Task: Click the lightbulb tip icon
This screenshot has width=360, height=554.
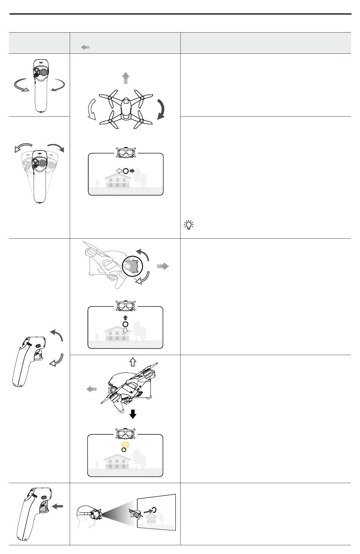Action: click(x=188, y=225)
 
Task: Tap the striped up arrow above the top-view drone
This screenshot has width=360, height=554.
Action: click(x=125, y=78)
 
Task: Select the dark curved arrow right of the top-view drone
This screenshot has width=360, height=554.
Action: click(x=162, y=109)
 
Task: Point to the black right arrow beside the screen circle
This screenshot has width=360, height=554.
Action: click(x=132, y=171)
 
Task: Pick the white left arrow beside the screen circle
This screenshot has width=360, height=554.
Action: click(x=119, y=171)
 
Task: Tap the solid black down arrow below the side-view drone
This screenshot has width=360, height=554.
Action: click(x=133, y=414)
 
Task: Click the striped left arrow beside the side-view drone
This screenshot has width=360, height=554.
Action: click(x=91, y=389)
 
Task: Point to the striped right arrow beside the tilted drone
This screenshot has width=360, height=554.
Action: click(x=163, y=266)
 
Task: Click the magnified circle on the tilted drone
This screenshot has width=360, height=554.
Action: click(x=132, y=265)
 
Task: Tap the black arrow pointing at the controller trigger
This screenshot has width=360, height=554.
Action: click(x=58, y=506)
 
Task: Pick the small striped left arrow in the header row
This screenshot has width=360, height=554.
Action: click(x=85, y=47)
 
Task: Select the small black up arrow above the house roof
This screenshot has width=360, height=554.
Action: click(x=125, y=317)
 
